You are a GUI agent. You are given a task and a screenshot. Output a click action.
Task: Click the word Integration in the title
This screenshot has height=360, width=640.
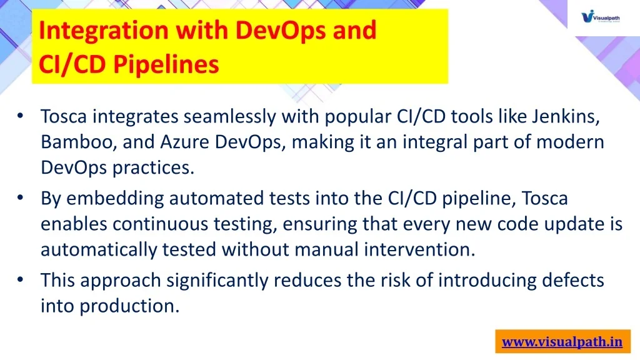pos(104,31)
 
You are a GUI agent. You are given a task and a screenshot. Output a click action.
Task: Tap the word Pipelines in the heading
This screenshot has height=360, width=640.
pos(166,64)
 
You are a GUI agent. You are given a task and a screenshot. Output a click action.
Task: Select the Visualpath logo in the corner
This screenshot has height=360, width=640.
pos(601,17)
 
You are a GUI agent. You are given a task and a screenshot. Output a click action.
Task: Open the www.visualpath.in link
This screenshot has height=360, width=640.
pos(562,342)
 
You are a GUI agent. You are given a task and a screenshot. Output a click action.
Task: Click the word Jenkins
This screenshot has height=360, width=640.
pos(566,117)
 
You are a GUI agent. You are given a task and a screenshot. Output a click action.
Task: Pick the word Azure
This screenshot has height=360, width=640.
pos(184,142)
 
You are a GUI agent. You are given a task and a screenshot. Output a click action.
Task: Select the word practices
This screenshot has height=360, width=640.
pos(153,167)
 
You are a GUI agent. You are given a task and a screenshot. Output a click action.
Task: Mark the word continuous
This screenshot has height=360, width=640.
pos(161,224)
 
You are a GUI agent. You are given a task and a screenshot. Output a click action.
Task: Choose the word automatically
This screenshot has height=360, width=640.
pos(99,249)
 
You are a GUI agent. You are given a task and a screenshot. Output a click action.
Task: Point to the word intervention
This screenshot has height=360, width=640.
pos(419,249)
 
